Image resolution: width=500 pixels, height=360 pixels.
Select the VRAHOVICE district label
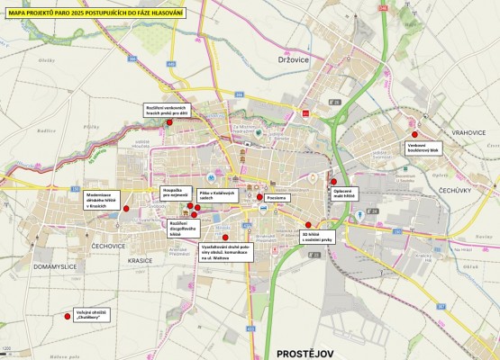tap(469, 132)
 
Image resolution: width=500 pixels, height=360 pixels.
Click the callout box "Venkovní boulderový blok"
tap(422, 148)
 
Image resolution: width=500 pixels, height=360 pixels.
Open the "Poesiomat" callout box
tap(277, 197)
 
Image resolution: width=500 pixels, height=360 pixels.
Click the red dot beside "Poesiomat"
tap(259, 197)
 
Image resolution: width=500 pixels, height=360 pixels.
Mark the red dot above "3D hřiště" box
tap(308, 225)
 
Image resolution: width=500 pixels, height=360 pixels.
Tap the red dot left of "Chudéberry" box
tap(68, 314)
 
